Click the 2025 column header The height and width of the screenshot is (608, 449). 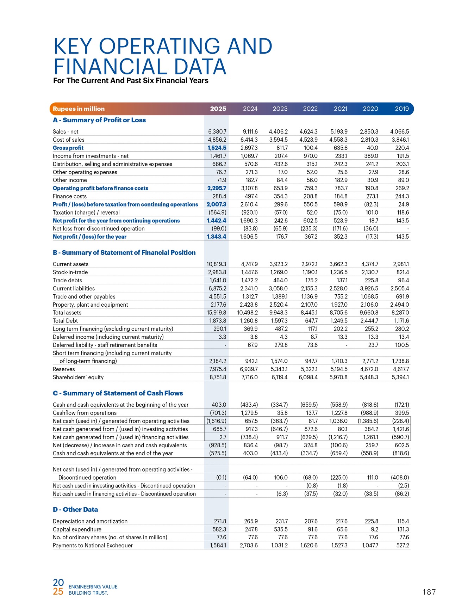pos(218,109)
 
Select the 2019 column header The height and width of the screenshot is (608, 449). pos(402,109)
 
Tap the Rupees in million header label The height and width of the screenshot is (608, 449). pos(79,109)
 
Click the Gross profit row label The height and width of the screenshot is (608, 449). pos(68,148)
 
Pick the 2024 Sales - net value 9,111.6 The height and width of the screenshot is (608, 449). pos(249,132)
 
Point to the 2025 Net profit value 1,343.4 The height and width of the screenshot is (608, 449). pos(217,237)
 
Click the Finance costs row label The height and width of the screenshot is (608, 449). pos(70,196)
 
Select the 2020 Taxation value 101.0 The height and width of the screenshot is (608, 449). pos(372,213)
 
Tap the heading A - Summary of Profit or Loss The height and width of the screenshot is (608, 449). pos(99,120)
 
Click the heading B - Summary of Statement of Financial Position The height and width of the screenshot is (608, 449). pos(124,253)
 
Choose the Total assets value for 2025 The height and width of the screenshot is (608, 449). pos(216,313)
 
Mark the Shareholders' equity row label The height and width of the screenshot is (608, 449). pos(78,377)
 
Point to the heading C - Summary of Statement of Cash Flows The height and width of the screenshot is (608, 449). pos(118,393)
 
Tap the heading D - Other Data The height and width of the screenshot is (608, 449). pos(75,510)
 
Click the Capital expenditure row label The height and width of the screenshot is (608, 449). pos(77,529)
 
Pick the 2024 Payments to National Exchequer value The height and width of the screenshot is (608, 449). pos(249,546)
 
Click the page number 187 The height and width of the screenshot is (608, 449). pos(429,592)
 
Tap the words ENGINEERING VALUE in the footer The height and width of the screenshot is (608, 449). pos(93,587)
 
